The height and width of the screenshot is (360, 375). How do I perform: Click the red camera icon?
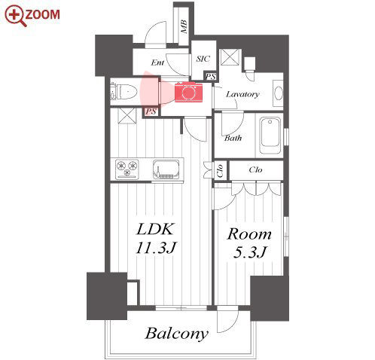pyautogui.click(x=189, y=92)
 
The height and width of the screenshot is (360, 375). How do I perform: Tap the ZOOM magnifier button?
pyautogui.click(x=32, y=16)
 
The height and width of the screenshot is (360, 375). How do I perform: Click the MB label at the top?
pyautogui.click(x=184, y=27)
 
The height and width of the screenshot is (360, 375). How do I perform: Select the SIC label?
pyautogui.click(x=203, y=59)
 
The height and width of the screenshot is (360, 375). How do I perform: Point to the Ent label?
pyautogui.click(x=157, y=63)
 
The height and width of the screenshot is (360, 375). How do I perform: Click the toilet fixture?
pyautogui.click(x=123, y=91)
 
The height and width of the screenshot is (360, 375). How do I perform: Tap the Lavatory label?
pyautogui.click(x=242, y=94)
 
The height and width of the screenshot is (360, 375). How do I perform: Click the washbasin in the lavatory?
pyautogui.click(x=278, y=93)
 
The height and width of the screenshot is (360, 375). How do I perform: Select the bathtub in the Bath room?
pyautogui.click(x=270, y=136)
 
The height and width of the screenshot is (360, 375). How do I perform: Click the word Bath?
pyautogui.click(x=233, y=138)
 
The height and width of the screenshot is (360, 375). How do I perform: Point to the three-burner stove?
pyautogui.click(x=127, y=169)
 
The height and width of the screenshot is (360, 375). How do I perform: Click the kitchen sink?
pyautogui.click(x=166, y=169)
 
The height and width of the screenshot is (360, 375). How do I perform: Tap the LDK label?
pyautogui.click(x=155, y=229)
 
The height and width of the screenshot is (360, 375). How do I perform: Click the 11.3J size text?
pyautogui.click(x=157, y=247)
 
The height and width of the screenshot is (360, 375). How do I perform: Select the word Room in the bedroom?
pyautogui.click(x=249, y=234)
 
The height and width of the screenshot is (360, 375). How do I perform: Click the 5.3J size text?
pyautogui.click(x=249, y=252)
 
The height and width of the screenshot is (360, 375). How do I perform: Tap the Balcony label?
pyautogui.click(x=177, y=334)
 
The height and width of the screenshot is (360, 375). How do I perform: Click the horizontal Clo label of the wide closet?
pyautogui.click(x=255, y=170)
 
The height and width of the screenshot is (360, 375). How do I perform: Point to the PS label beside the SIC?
pyautogui.click(x=211, y=76)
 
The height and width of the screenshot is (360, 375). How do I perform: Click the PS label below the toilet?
pyautogui.click(x=151, y=111)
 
